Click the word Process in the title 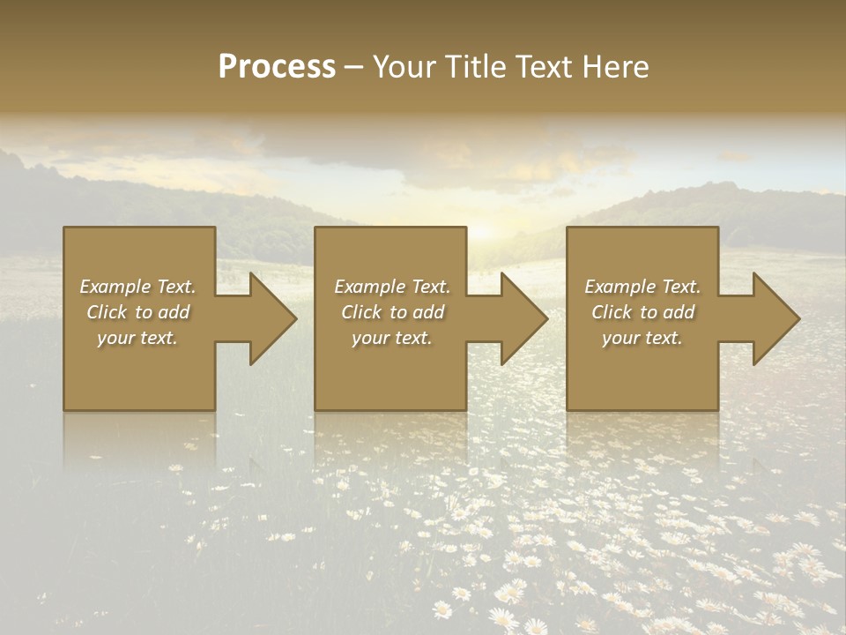[277, 67]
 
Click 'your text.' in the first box [137, 338]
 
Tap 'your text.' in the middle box [392, 338]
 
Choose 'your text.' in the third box [642, 338]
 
